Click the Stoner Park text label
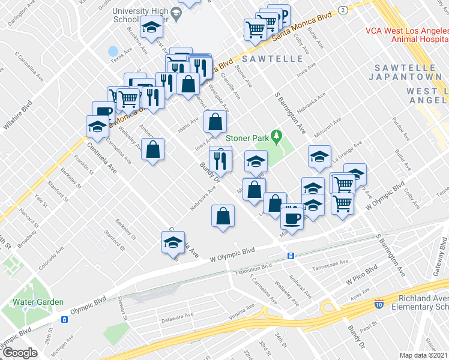pyautogui.click(x=247, y=138)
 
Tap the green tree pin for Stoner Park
pyautogui.click(x=277, y=137)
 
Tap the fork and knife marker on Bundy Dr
pyautogui.click(x=221, y=159)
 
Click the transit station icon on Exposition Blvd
pyautogui.click(x=291, y=256)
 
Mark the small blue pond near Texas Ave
pyautogui.click(x=113, y=51)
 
